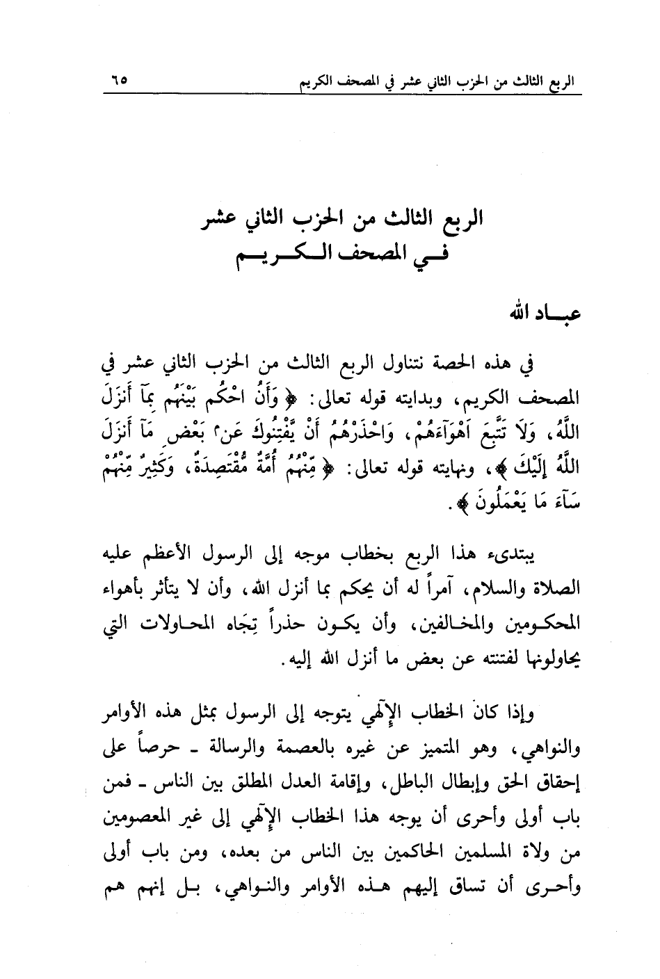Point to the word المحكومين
pyautogui.click(x=545, y=626)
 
